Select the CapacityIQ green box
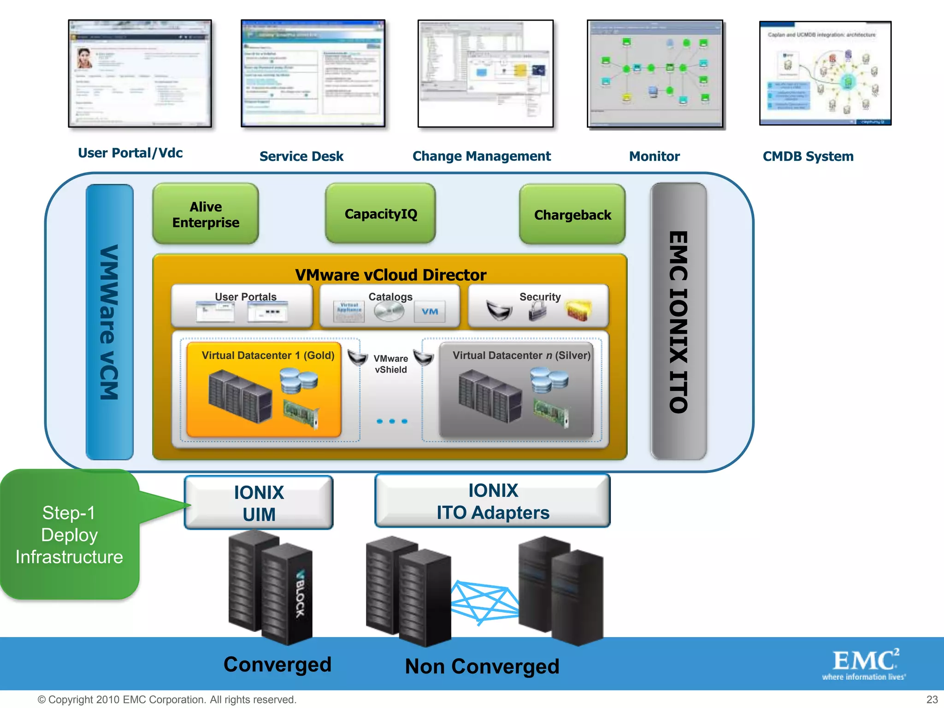tap(380, 214)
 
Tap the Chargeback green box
tap(572, 215)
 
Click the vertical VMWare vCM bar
tap(110, 322)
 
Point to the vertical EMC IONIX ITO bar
tap(678, 322)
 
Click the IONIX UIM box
tap(259, 503)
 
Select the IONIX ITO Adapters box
tap(492, 501)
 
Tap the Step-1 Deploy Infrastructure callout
tap(69, 535)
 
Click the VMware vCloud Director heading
tap(390, 275)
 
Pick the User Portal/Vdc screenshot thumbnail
tap(140, 74)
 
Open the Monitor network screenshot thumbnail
tap(655, 74)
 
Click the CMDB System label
tap(808, 156)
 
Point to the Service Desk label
tap(301, 156)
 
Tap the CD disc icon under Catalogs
tap(389, 312)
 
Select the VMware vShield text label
tap(390, 364)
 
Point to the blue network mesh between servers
tap(484, 602)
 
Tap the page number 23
tap(932, 699)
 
